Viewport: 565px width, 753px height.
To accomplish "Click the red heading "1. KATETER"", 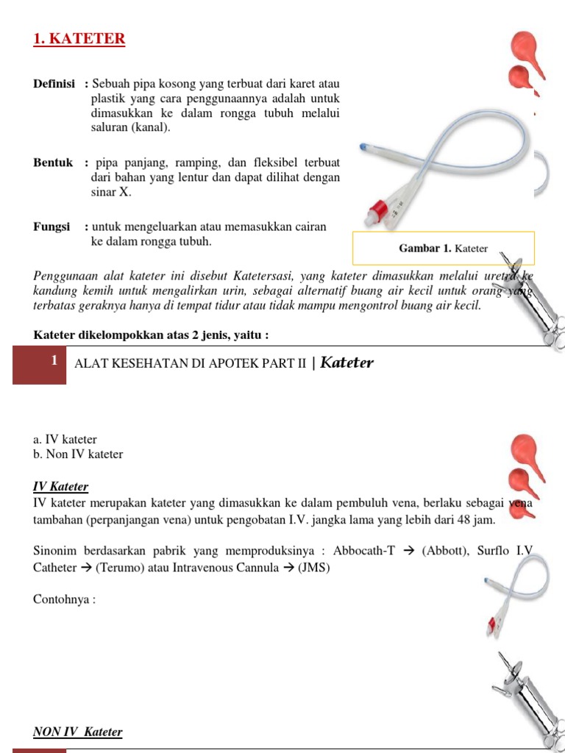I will click(x=79, y=39).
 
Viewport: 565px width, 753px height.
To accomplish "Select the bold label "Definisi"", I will click(x=54, y=85).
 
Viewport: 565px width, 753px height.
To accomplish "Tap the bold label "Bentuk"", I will click(x=53, y=163).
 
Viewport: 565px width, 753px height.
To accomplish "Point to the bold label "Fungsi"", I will click(x=51, y=227).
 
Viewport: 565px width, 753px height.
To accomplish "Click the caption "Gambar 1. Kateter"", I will click(x=443, y=249).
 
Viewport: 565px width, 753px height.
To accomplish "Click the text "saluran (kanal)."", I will click(x=130, y=127).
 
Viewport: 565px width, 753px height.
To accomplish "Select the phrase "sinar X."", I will click(x=111, y=191).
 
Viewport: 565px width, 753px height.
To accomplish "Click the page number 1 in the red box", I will click(x=54, y=360).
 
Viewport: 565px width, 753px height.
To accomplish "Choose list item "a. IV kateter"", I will click(x=65, y=439).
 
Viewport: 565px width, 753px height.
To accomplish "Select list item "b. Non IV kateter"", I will click(x=78, y=454).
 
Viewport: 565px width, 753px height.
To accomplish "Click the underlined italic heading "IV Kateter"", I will click(x=61, y=487).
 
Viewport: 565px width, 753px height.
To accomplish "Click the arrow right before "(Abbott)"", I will click(x=411, y=552).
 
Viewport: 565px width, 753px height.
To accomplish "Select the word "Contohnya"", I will click(x=61, y=599).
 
